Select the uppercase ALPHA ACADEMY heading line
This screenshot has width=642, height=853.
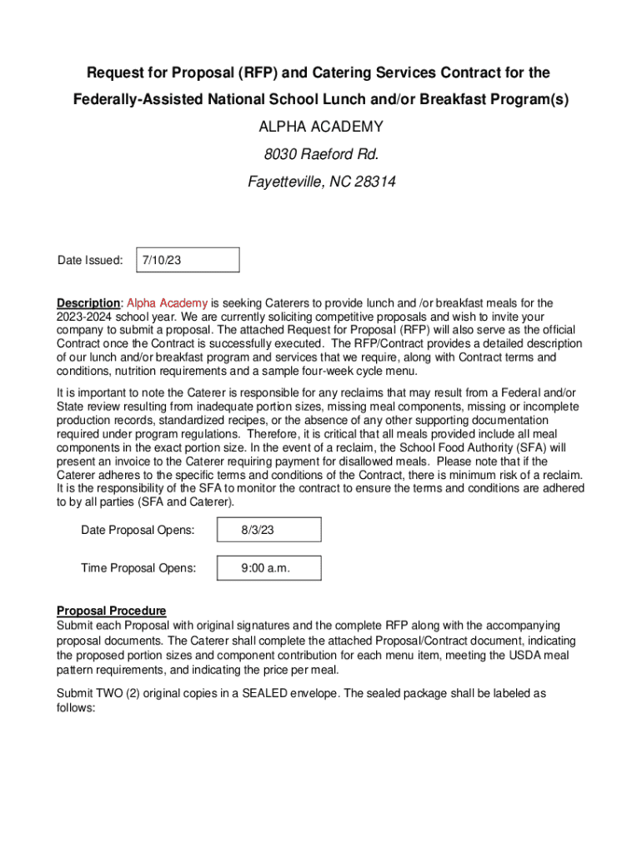pos(321,127)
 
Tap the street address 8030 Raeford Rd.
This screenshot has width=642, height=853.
pos(321,153)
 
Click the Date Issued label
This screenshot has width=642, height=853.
pos(90,261)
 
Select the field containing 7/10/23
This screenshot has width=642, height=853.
pos(187,261)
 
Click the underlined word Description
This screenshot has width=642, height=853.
pos(88,303)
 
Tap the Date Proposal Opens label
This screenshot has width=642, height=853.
pos(138,531)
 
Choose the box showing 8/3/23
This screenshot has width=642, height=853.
pos(268,531)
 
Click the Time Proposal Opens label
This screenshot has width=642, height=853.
pos(138,568)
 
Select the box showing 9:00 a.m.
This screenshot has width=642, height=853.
pos(268,568)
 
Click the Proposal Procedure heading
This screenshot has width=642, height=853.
pos(111,611)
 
